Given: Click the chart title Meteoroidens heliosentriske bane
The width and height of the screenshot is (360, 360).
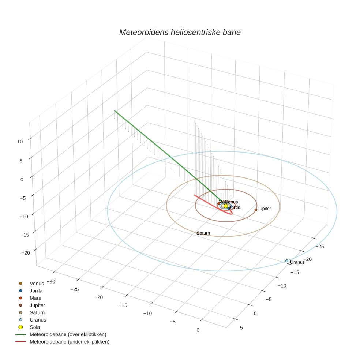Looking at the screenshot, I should [x=180, y=32].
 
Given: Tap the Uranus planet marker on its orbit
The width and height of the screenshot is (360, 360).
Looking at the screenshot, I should [x=287, y=261].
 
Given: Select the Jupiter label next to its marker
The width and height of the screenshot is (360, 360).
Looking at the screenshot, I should [x=264, y=209].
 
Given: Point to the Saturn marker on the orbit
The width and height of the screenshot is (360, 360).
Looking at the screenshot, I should [x=198, y=233].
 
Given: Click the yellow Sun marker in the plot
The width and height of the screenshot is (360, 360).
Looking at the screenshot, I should [x=226, y=206].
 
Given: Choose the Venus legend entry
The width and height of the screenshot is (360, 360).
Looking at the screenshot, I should [x=37, y=283].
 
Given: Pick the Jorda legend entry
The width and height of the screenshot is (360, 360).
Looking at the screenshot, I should [x=36, y=290].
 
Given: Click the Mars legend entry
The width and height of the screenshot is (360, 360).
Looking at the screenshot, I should [x=35, y=298].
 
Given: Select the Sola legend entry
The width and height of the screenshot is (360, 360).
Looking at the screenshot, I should [x=35, y=327].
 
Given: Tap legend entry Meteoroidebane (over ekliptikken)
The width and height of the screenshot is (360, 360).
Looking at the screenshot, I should [x=68, y=334].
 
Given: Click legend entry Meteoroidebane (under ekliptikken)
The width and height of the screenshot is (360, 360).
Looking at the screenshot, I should [x=69, y=342].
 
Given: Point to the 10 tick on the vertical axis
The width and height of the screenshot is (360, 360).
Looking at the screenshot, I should [x=20, y=142].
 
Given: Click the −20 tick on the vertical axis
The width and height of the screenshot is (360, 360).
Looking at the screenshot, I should [x=26, y=253].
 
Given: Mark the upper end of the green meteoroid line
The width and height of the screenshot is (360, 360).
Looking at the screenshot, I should [x=115, y=110].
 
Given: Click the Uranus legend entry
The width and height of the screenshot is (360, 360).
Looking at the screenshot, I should [x=38, y=320].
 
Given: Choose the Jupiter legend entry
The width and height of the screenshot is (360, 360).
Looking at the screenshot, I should [x=37, y=305].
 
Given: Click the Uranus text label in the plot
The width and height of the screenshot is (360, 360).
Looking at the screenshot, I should [x=297, y=262].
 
